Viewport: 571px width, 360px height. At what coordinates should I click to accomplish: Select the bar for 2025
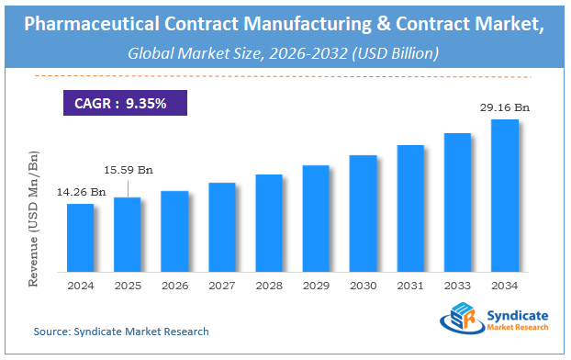[128, 234]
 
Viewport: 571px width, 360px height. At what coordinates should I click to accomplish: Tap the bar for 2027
[222, 227]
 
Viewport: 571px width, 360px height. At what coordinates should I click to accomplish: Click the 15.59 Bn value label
[128, 170]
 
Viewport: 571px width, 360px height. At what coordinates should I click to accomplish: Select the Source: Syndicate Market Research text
[121, 331]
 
